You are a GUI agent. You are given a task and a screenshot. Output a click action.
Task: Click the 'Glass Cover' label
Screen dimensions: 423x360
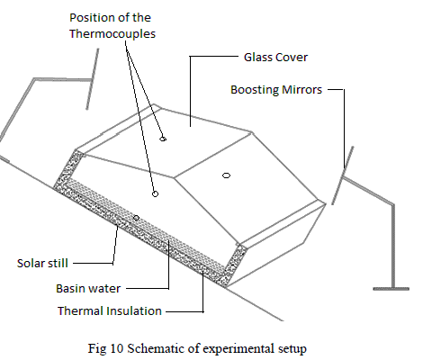[275, 57]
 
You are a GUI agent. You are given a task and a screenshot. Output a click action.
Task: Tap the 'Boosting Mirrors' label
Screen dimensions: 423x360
[276, 89]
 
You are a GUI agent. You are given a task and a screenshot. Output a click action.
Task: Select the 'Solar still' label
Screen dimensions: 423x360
[42, 263]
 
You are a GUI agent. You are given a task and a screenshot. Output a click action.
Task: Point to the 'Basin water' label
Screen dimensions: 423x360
[88, 288]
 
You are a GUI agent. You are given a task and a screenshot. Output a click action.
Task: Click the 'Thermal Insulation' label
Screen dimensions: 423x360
[110, 310]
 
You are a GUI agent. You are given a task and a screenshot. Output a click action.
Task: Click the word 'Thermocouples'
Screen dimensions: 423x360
[112, 33]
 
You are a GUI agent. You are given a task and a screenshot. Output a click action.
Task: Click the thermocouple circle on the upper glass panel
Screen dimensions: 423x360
[163, 139]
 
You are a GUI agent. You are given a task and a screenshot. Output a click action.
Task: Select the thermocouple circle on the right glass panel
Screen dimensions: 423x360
[227, 175]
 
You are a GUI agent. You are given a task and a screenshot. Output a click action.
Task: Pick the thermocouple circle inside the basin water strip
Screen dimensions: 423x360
[136, 218]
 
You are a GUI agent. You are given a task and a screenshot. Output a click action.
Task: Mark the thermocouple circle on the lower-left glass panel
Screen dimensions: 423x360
[155, 194]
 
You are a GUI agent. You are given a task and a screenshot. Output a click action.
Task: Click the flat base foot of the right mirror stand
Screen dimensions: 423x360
[391, 289]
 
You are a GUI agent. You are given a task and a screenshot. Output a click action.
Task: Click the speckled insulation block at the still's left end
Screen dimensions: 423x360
[69, 169]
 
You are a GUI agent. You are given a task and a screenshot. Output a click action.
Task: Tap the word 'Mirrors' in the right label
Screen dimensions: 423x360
[301, 89]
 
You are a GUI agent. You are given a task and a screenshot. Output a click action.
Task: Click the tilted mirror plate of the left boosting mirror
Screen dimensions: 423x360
[93, 79]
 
